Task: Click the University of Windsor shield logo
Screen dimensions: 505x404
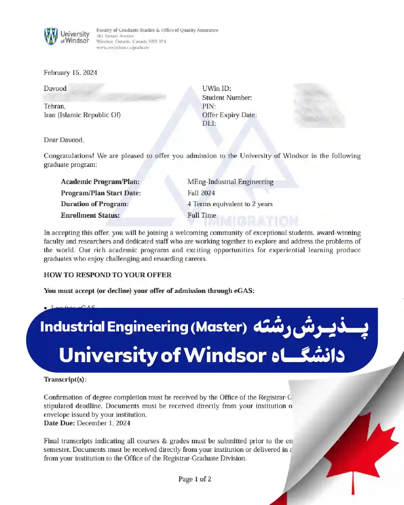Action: point(51,36)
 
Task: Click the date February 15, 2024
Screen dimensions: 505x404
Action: point(70,73)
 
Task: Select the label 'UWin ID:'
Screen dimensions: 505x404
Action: point(217,89)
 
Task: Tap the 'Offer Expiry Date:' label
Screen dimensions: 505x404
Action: point(229,115)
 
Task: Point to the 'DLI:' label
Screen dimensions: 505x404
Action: point(209,123)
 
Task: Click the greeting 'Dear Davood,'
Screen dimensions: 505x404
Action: point(64,140)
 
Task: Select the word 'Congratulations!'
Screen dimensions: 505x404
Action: point(69,156)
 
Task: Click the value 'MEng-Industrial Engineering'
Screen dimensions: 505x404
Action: point(230,182)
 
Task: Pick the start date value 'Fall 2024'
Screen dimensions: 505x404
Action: point(201,193)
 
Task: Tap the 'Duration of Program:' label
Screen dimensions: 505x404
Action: point(95,204)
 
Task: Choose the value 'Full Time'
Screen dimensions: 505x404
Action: point(202,215)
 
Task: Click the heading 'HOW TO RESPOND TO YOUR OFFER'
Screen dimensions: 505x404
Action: point(108,275)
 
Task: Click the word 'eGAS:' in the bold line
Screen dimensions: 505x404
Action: point(244,291)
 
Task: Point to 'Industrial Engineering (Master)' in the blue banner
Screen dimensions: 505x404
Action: point(143,327)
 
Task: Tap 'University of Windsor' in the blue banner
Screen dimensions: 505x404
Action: point(163,355)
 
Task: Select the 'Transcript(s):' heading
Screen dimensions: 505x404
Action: point(65,379)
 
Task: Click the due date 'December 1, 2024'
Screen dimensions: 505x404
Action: point(104,423)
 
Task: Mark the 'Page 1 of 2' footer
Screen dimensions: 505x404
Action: point(195,479)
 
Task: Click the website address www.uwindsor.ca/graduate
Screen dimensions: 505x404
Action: point(123,48)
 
